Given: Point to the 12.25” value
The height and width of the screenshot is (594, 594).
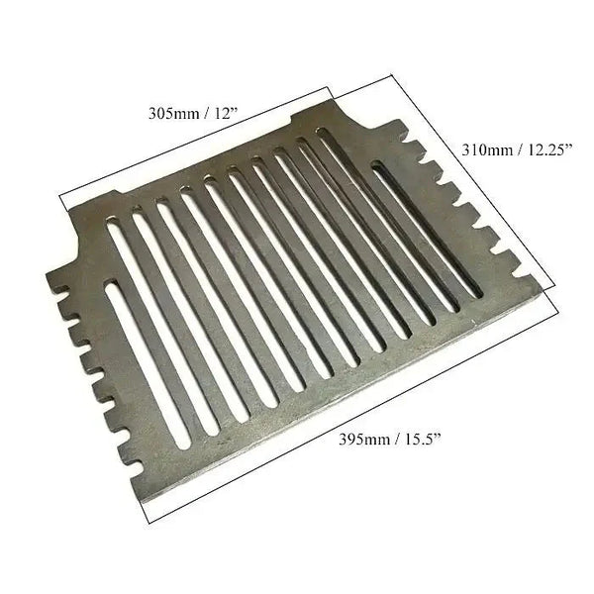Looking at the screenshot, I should (556, 150).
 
